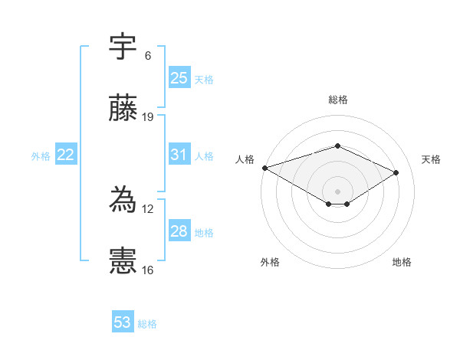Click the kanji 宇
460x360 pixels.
tap(123, 47)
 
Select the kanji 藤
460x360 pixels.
tap(123, 109)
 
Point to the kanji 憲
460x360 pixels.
tap(123, 261)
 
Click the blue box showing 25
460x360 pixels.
tap(179, 78)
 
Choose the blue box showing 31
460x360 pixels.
tap(179, 155)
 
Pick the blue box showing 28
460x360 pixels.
tap(179, 231)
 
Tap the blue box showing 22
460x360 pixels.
tap(66, 155)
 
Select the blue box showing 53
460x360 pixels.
tap(123, 322)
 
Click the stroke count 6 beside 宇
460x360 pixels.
tap(148, 56)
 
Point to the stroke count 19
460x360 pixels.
tap(149, 117)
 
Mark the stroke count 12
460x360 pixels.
tap(149, 209)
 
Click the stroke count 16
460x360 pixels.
tap(149, 270)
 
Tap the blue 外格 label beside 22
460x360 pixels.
tap(41, 155)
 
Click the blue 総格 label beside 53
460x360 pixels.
tap(147, 324)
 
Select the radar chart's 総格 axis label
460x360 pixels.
tap(338, 100)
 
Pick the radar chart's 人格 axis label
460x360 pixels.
tap(245, 159)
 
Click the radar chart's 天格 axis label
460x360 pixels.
tap(432, 159)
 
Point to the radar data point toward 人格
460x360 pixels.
tap(264, 168)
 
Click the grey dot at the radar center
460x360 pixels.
tap(338, 191)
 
